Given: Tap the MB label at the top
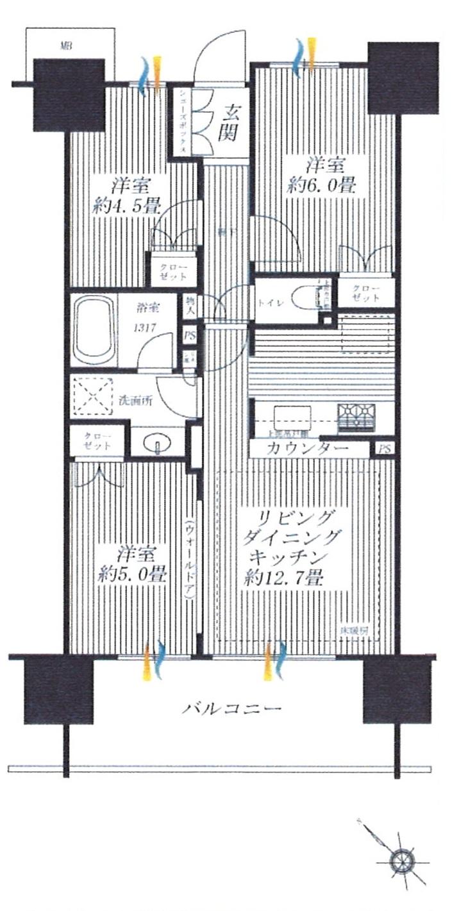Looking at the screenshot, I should point(65,46).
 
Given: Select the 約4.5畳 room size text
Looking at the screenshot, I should point(129,206).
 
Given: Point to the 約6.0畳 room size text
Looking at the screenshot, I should point(322,186).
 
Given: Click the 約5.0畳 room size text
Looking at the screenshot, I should point(133,574).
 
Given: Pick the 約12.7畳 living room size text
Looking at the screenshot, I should point(283,578).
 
